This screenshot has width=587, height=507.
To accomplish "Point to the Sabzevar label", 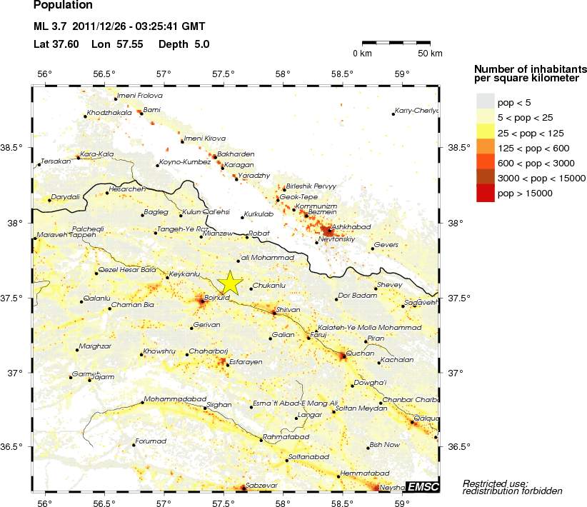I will tap(261, 486).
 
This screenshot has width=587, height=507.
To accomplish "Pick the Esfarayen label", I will tap(246, 362).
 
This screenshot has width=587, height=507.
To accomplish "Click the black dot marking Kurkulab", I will tap(242, 217).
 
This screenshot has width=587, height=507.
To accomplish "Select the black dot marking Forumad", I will tap(134, 445).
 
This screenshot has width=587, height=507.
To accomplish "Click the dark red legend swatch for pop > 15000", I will tap(485, 193).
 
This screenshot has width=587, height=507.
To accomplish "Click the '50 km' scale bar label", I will tap(430, 54).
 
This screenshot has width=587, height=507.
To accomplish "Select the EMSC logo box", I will tap(422, 487).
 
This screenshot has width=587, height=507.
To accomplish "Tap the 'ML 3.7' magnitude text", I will tap(50, 28).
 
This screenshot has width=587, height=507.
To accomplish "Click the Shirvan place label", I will tap(288, 309).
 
